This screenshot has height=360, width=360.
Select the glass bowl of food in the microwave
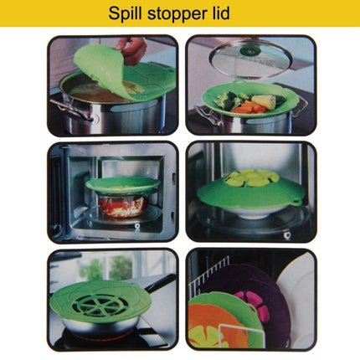123,206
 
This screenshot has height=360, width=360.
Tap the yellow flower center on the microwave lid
252,179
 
